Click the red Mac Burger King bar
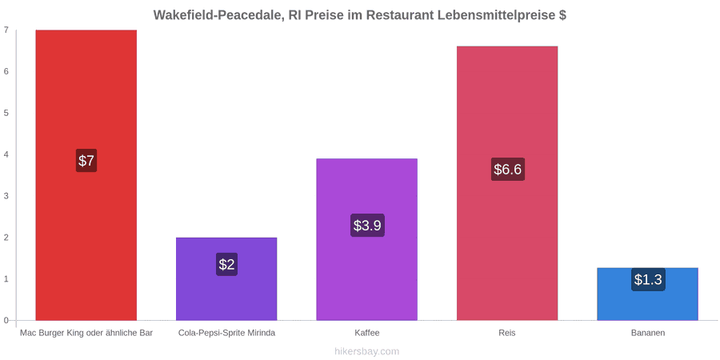click(86, 175)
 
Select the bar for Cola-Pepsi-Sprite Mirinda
click(226, 278)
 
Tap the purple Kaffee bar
click(367, 239)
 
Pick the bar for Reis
click(507, 183)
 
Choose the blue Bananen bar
click(648, 294)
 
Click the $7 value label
click(86, 161)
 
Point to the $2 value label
click(226, 265)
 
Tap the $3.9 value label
click(367, 226)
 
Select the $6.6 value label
click(508, 170)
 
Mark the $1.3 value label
click(648, 279)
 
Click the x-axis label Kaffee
click(367, 333)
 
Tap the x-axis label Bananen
click(648, 333)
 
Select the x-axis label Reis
click(507, 333)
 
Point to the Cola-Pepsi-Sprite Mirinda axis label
click(226, 333)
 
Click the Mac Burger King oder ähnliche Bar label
click(86, 333)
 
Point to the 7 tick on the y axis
click(6, 30)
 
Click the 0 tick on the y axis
click(6, 321)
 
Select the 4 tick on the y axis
click(6, 154)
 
